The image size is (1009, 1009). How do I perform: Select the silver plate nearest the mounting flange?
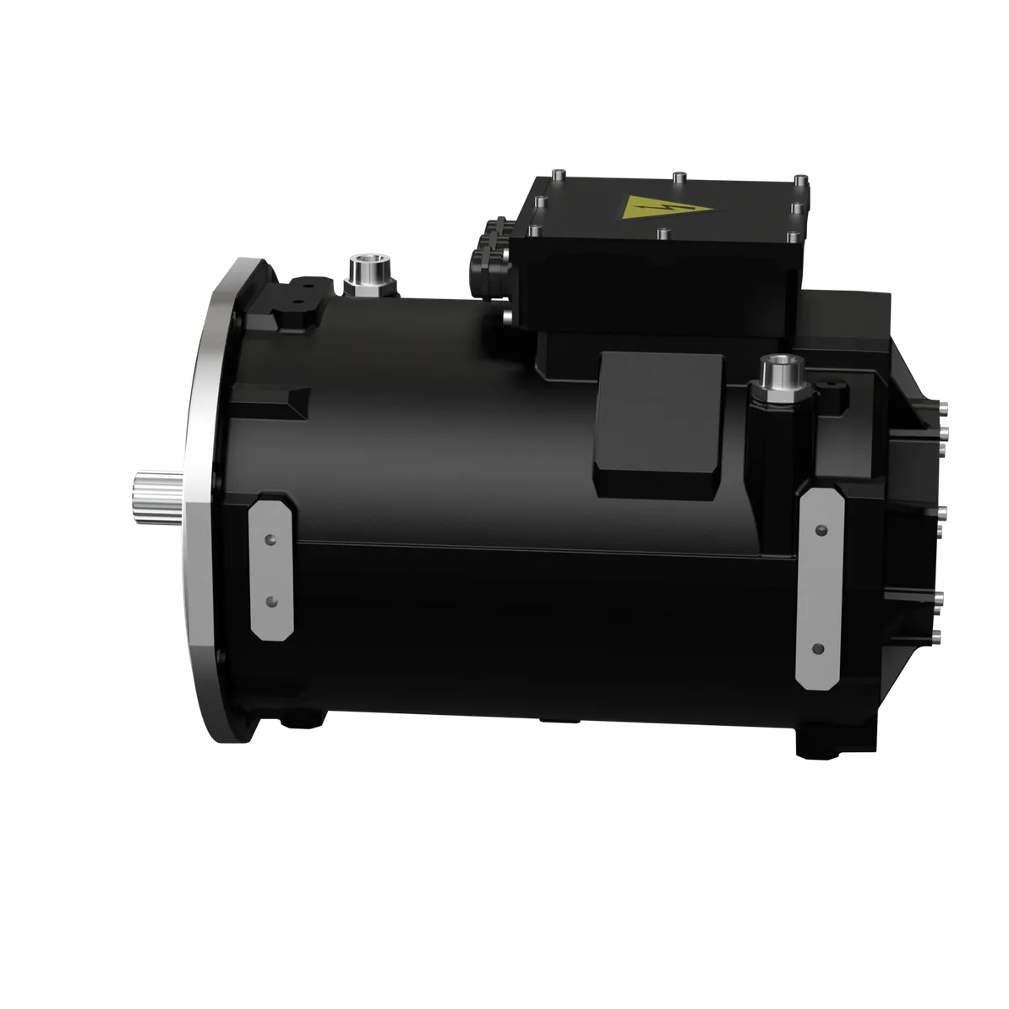pyautogui.click(x=272, y=568)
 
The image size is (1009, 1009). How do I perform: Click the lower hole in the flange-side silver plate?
pyautogui.click(x=271, y=600)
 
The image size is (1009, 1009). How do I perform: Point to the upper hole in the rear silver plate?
pyautogui.click(x=820, y=530)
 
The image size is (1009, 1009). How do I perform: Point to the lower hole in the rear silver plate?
pyautogui.click(x=817, y=648)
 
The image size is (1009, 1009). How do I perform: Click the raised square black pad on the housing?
pyautogui.click(x=659, y=423)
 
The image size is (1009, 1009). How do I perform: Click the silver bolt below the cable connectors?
pyautogui.click(x=506, y=318)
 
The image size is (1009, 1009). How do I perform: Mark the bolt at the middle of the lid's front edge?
pyautogui.click(x=662, y=234)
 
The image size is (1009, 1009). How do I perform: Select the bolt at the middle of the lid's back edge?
pyautogui.click(x=677, y=177)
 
